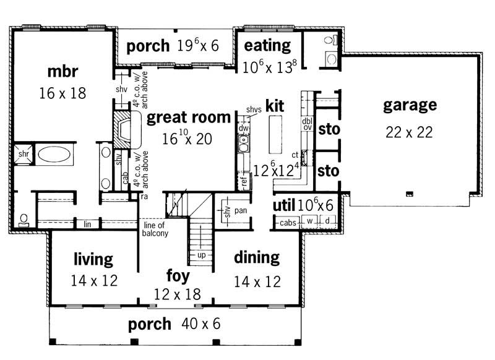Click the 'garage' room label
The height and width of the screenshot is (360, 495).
tap(410, 105)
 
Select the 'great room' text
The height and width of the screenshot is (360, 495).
tap(189, 118)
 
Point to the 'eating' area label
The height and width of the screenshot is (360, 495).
tap(267, 45)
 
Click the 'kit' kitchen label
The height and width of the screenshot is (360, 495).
tap(274, 106)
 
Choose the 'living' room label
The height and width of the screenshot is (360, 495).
tap(93, 258)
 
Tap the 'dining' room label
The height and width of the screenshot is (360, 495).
tap(257, 257)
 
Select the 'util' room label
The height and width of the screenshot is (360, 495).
tap(285, 205)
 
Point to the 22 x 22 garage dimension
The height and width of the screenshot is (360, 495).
tap(407, 132)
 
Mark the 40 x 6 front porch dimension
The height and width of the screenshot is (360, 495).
tap(200, 324)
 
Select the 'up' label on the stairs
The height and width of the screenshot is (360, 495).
tap(202, 255)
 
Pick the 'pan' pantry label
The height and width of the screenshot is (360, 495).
tap(241, 210)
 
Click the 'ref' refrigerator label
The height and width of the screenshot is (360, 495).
tap(243, 181)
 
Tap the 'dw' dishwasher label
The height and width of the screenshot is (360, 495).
tap(243, 128)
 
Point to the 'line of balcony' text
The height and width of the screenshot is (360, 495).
tap(152, 229)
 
